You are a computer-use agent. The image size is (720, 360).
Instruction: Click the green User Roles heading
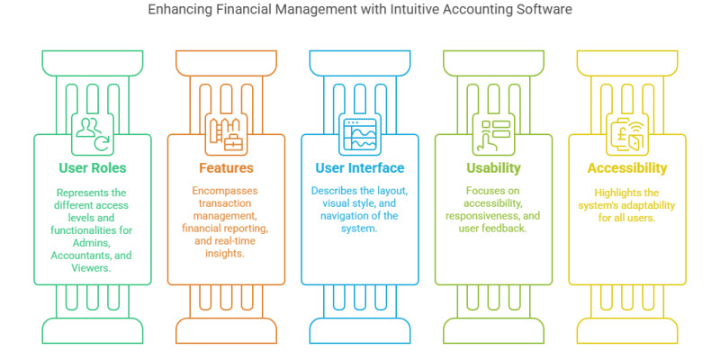93,168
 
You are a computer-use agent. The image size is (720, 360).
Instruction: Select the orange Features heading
226,168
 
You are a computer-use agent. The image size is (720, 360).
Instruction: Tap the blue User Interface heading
359,168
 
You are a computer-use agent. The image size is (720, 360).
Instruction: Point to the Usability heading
492,168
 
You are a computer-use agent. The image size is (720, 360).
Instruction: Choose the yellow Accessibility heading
626,168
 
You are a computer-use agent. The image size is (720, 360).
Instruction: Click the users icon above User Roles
93,132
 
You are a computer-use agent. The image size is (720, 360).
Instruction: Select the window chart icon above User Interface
359,132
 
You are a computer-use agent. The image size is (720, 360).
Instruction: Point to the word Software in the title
544,11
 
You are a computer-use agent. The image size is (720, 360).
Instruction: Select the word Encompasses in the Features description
226,192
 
